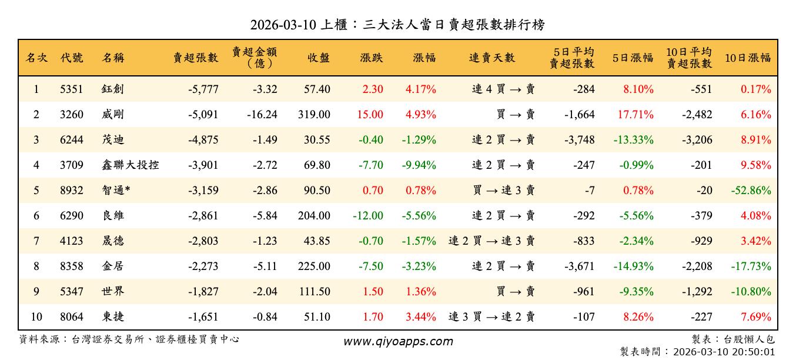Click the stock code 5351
pyautogui.click(x=72, y=89)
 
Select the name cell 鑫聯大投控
pyautogui.click(x=130, y=165)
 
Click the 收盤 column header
pyautogui.click(x=318, y=58)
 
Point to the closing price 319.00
pyautogui.click(x=314, y=115)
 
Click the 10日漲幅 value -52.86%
pyautogui.click(x=751, y=191)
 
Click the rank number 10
pyautogui.click(x=36, y=317)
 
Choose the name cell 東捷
pyautogui.click(x=113, y=317)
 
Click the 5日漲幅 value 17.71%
pyautogui.click(x=636, y=115)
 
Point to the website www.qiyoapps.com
pyautogui.click(x=398, y=342)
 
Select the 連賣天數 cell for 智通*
pyautogui.click(x=503, y=191)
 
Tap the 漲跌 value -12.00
pyautogui.click(x=368, y=216)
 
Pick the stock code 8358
pyautogui.click(x=72, y=266)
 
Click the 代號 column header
pyautogui.click(x=72, y=58)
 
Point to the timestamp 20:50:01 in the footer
pyautogui.click(x=755, y=352)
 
